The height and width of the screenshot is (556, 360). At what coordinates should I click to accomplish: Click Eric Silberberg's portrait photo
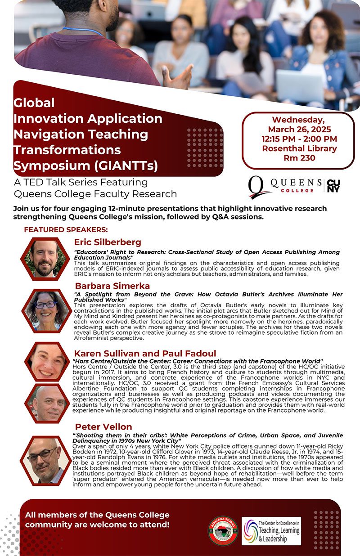click(45, 259)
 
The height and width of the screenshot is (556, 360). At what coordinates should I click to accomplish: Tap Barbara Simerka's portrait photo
click(46, 310)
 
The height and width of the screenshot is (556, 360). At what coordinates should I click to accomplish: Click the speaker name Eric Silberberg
click(108, 242)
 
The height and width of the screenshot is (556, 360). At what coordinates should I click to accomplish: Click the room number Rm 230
click(299, 158)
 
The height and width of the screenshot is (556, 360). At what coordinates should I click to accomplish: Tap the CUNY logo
click(333, 186)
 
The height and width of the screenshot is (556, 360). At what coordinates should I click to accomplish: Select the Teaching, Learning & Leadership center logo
click(271, 531)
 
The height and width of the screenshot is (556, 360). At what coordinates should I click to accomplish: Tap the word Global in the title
click(34, 103)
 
